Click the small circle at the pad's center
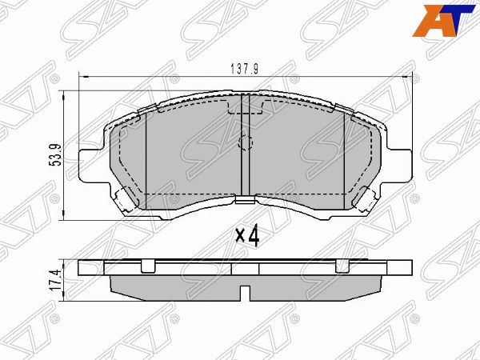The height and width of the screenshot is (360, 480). click(x=246, y=144)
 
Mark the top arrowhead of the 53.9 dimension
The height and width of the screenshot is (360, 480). click(x=65, y=95)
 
